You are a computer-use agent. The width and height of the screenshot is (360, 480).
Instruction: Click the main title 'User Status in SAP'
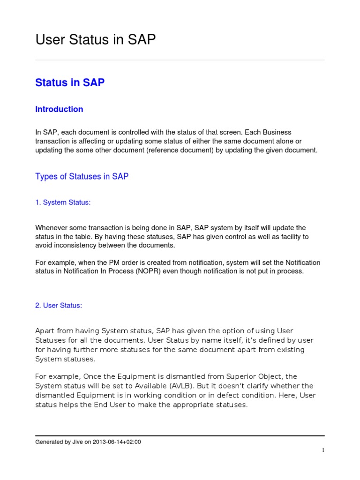(96, 40)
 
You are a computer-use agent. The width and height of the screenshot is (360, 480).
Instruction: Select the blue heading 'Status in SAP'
(70, 83)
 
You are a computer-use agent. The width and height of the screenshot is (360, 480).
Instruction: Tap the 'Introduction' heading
(59, 109)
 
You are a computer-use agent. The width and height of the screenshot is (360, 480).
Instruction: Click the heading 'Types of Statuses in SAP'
(82, 177)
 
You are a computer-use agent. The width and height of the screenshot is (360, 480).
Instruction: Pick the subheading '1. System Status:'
(63, 202)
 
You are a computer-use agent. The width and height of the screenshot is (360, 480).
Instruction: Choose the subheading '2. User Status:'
(59, 306)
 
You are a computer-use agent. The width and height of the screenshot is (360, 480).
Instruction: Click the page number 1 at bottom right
(322, 450)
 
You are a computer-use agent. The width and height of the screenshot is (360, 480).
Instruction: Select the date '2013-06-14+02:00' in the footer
(117, 442)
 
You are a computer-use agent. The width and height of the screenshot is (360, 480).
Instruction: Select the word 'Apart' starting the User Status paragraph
(45, 331)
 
